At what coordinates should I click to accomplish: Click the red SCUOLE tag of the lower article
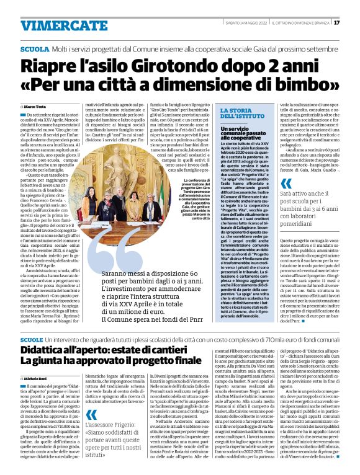(x=31, y=341)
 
